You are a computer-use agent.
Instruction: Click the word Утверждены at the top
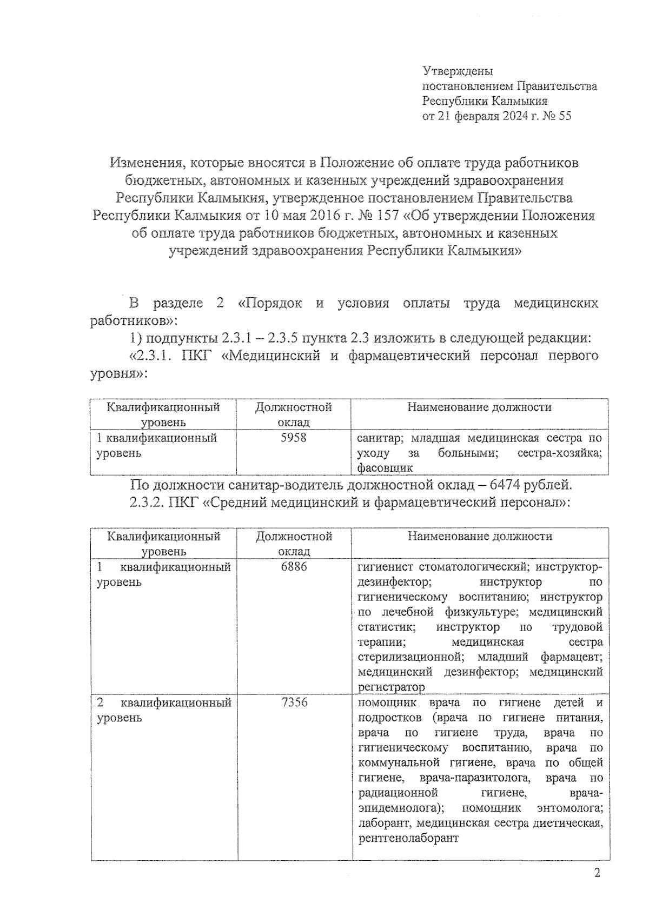457,71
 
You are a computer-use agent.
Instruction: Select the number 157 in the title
386,215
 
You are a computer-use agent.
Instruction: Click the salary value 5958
293,437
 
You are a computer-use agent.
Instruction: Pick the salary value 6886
294,566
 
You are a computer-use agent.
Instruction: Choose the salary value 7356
294,702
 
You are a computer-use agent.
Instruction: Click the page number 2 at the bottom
597,874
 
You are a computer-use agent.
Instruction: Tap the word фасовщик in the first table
385,467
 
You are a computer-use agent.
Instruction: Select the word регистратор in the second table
391,687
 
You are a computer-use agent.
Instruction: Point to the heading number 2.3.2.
147,502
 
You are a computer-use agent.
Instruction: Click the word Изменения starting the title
141,162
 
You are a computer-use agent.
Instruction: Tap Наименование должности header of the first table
479,407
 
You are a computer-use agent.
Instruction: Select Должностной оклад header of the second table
294,543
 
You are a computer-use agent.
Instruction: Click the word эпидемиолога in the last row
399,808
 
